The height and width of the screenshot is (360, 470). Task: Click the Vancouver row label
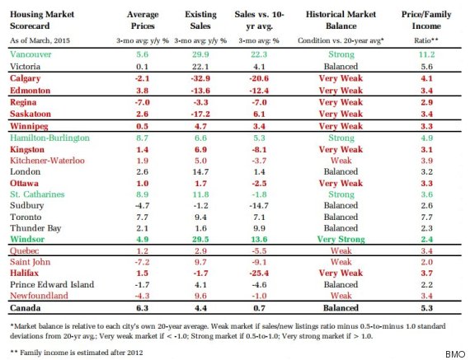(x=31, y=54)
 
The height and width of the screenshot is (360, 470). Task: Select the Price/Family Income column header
(x=426, y=20)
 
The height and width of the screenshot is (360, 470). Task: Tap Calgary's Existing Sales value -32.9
(x=200, y=78)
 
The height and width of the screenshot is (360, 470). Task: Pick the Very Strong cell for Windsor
(x=341, y=239)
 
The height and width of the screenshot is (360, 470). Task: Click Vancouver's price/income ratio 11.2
(x=426, y=54)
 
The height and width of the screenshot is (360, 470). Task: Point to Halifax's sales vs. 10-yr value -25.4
(x=259, y=274)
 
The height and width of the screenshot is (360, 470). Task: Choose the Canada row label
(x=26, y=308)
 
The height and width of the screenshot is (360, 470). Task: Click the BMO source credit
(x=455, y=354)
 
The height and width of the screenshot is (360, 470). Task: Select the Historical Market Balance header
(x=341, y=20)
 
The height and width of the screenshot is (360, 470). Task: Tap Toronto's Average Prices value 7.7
(x=142, y=217)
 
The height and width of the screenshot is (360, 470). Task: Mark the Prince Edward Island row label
(x=52, y=284)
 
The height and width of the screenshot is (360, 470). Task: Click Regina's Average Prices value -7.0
(x=142, y=102)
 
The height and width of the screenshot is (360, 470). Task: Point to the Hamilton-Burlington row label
(x=49, y=138)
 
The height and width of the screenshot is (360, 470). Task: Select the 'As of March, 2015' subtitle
(x=40, y=40)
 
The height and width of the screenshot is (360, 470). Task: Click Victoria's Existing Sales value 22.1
(x=200, y=67)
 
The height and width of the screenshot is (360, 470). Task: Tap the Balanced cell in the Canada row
(x=341, y=308)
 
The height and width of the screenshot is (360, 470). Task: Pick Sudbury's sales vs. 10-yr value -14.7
(x=259, y=206)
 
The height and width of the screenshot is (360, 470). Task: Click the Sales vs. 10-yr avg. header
(x=259, y=20)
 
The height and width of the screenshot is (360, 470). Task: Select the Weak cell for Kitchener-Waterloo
(x=341, y=161)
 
